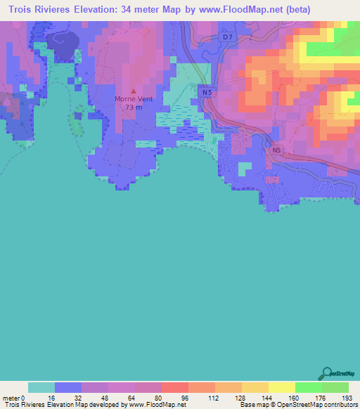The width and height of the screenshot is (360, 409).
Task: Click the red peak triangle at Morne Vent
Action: tap(133, 91)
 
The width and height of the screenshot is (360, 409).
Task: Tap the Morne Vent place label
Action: tap(133, 100)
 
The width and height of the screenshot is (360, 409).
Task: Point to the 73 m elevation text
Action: tap(133, 108)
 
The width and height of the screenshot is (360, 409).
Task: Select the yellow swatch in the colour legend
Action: tap(281, 387)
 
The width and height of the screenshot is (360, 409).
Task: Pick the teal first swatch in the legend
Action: tap(41, 387)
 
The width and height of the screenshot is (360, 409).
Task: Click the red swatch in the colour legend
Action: tap(174, 387)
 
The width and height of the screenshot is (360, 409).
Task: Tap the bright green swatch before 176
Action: tap(308, 387)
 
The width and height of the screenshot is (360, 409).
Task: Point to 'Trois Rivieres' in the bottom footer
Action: tap(20, 405)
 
